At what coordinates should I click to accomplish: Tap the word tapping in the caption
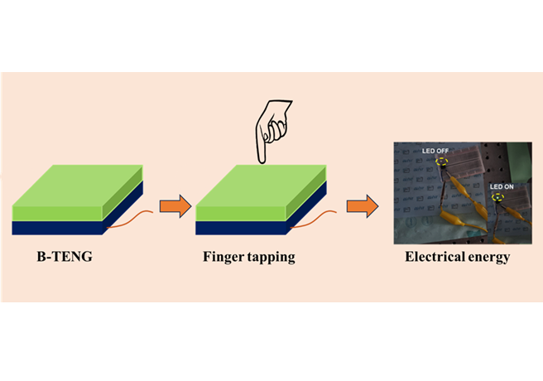[274, 258]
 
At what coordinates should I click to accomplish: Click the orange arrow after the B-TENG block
[175, 205]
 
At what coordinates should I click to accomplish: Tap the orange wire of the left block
[132, 220]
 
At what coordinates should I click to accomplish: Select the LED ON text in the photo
[502, 187]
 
